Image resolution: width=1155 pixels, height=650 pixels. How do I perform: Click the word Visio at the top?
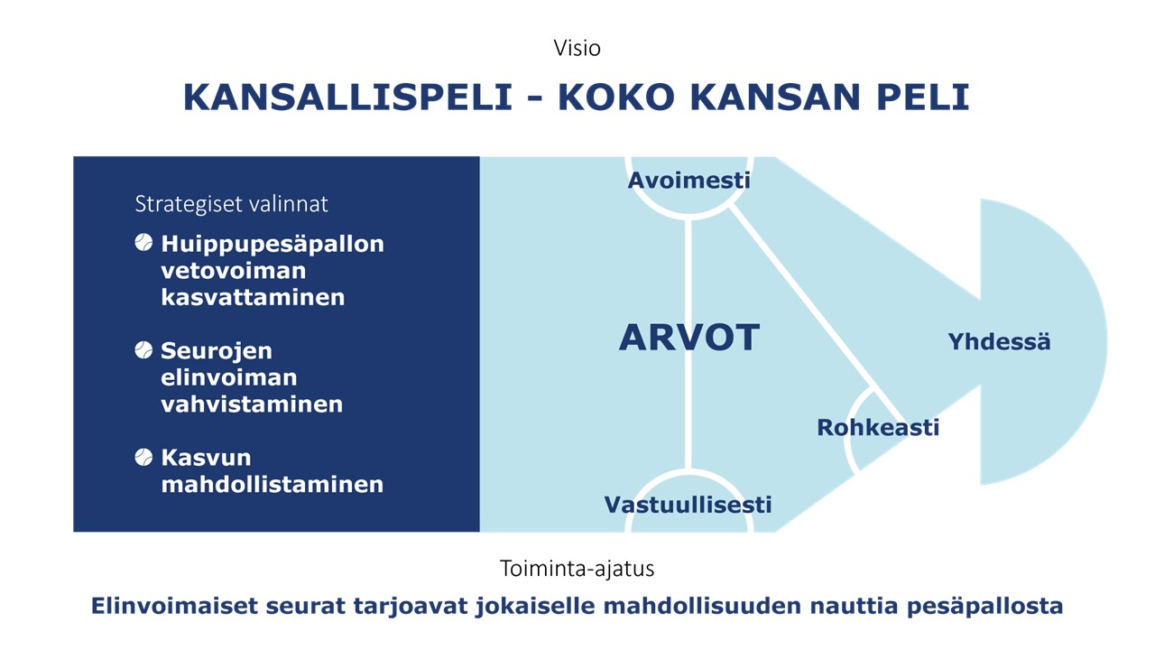pos(577,49)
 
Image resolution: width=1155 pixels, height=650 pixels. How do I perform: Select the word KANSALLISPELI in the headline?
pos(348,97)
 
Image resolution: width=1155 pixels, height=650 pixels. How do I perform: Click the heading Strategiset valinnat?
pos(231,204)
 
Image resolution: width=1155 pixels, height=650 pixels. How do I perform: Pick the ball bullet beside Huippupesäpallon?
pos(143,243)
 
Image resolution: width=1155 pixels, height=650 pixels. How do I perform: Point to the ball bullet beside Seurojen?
pos(143,349)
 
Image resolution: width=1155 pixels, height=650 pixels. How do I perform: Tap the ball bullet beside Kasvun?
pos(143,457)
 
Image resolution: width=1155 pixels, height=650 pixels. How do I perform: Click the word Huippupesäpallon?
pos(273,245)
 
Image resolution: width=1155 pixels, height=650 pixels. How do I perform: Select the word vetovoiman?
pos(234,271)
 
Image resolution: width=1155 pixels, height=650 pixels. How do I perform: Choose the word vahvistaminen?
pos(252,404)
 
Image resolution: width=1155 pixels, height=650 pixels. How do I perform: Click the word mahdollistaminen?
pos(273,485)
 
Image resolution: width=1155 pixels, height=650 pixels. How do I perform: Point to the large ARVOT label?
pos(689,338)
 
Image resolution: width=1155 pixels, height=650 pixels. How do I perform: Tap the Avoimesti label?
pos(688,181)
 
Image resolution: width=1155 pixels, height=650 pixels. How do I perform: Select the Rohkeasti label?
pos(878,428)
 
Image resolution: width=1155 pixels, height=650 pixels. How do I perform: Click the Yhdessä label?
pos(999,341)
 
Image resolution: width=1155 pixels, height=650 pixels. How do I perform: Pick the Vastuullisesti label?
pos(688,505)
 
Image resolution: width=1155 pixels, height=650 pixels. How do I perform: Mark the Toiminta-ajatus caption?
pos(577,569)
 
